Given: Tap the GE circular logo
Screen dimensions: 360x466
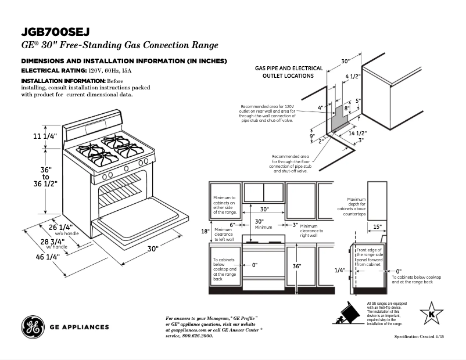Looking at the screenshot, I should point(33,327).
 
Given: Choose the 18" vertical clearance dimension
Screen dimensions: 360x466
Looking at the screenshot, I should point(205,231).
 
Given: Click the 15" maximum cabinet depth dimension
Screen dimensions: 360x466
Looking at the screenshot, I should point(377,226).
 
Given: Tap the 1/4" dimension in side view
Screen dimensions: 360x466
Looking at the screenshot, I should point(340,270).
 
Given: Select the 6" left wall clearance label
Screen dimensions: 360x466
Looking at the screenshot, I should point(232,225).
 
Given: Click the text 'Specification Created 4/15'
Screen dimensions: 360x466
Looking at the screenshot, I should point(423,337).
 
